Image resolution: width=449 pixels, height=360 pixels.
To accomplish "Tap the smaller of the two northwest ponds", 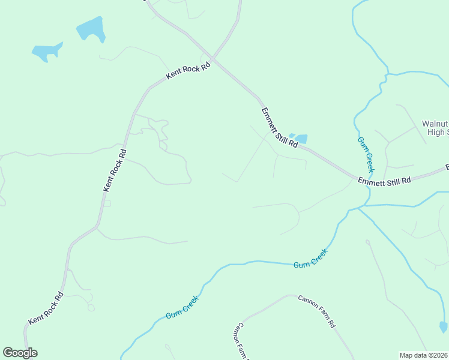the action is click(x=45, y=52).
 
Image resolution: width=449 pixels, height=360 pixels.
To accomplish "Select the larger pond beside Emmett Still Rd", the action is click(x=301, y=139).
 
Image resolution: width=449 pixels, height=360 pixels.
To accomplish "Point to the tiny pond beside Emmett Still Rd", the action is click(x=292, y=136).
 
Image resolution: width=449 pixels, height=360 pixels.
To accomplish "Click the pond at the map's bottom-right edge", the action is click(x=443, y=327).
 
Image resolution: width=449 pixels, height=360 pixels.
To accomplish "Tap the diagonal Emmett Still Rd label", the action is click(x=280, y=128).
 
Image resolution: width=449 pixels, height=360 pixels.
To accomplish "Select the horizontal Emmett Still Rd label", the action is click(x=384, y=180).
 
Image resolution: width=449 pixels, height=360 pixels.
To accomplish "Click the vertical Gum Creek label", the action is click(x=366, y=155).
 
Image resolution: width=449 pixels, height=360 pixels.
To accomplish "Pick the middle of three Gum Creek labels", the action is click(x=310, y=259).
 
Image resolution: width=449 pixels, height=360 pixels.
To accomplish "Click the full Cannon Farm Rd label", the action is click(x=316, y=311).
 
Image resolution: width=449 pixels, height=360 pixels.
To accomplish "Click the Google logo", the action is click(x=20, y=353).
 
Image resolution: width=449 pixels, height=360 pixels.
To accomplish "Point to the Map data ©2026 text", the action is click(x=423, y=355).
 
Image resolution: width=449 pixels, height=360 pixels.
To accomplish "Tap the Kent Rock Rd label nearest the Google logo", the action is click(x=46, y=308).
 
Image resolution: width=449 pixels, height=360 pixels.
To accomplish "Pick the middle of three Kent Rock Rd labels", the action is click(x=115, y=170).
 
